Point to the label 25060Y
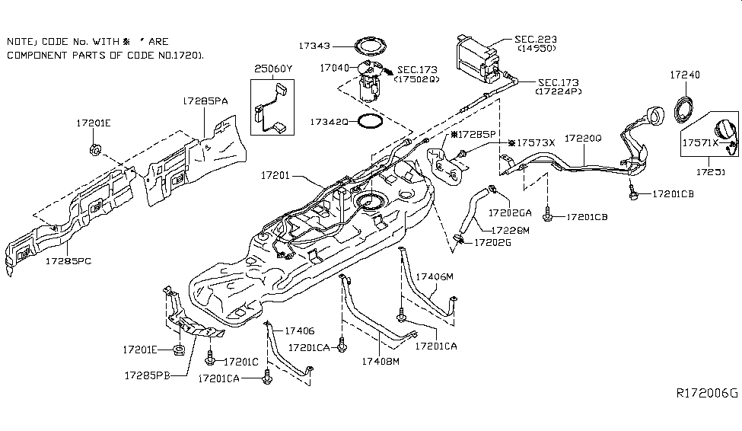click(x=272, y=69)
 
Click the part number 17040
click(x=334, y=68)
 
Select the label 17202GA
click(x=511, y=212)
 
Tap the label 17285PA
click(x=205, y=100)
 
